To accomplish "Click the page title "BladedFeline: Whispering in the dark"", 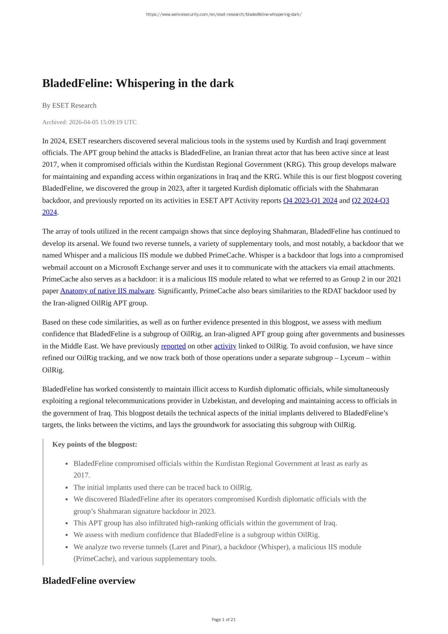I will click(138, 83).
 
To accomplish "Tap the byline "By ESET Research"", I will click(69, 105).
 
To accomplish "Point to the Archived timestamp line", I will click(89, 122).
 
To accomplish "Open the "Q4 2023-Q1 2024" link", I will click(310, 200).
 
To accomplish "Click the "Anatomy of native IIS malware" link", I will click(107, 291).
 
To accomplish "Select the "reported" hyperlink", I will click(173, 346).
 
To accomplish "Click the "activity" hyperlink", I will click(225, 346).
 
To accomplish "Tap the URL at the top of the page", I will click(224, 14).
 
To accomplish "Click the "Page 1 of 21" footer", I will click(224, 620).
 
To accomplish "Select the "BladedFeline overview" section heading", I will click(89, 581).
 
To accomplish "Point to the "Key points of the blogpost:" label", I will click(95, 444).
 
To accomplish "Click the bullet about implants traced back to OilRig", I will click(163, 487).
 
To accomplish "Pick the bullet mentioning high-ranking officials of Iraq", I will click(205, 523).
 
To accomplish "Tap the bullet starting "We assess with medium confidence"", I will click(196, 535).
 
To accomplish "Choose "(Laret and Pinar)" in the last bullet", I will click(195, 547).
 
